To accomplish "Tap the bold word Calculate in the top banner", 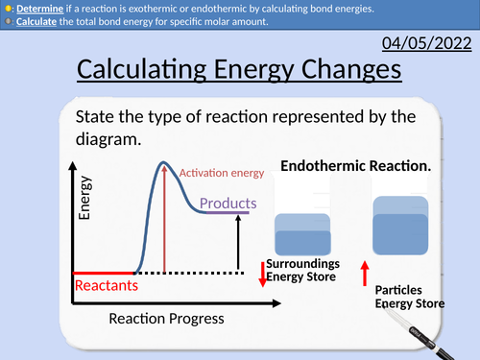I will tap(39, 21).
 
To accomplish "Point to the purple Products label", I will tap(228, 204).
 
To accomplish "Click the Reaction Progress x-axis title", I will tap(166, 318).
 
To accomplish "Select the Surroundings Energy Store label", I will tap(301, 270).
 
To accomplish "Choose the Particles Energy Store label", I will tap(409, 297).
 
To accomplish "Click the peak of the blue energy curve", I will tap(164, 164).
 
